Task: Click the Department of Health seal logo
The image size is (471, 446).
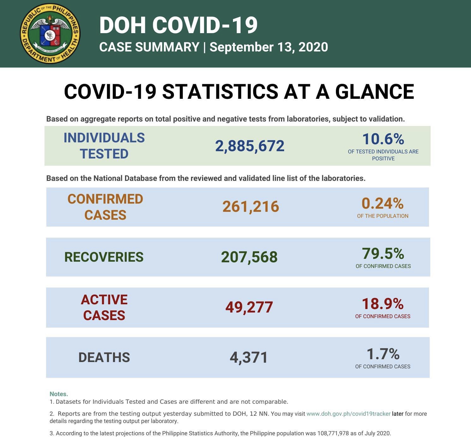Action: (50, 33)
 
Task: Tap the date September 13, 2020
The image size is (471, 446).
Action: (269, 47)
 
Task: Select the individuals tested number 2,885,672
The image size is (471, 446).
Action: (250, 146)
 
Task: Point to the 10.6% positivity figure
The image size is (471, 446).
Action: (383, 139)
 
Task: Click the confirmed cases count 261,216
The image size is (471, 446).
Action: (251, 207)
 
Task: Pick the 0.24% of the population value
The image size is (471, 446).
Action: (382, 204)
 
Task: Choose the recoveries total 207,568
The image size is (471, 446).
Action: (249, 257)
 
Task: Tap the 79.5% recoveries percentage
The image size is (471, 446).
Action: (383, 253)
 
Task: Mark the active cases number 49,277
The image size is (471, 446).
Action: (249, 307)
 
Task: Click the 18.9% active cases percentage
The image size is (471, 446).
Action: (382, 304)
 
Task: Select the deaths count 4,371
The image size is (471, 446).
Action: (249, 358)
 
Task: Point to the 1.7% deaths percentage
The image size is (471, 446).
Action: (383, 354)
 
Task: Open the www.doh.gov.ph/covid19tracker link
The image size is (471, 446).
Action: (349, 413)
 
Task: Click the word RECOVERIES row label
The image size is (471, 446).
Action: (104, 257)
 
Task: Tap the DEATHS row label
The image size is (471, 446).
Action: (104, 358)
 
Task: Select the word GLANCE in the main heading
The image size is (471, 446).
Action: (374, 92)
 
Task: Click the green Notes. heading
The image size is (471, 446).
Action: (59, 394)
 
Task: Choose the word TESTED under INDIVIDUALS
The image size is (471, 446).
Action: (104, 154)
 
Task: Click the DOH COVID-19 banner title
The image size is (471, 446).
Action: (178, 25)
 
